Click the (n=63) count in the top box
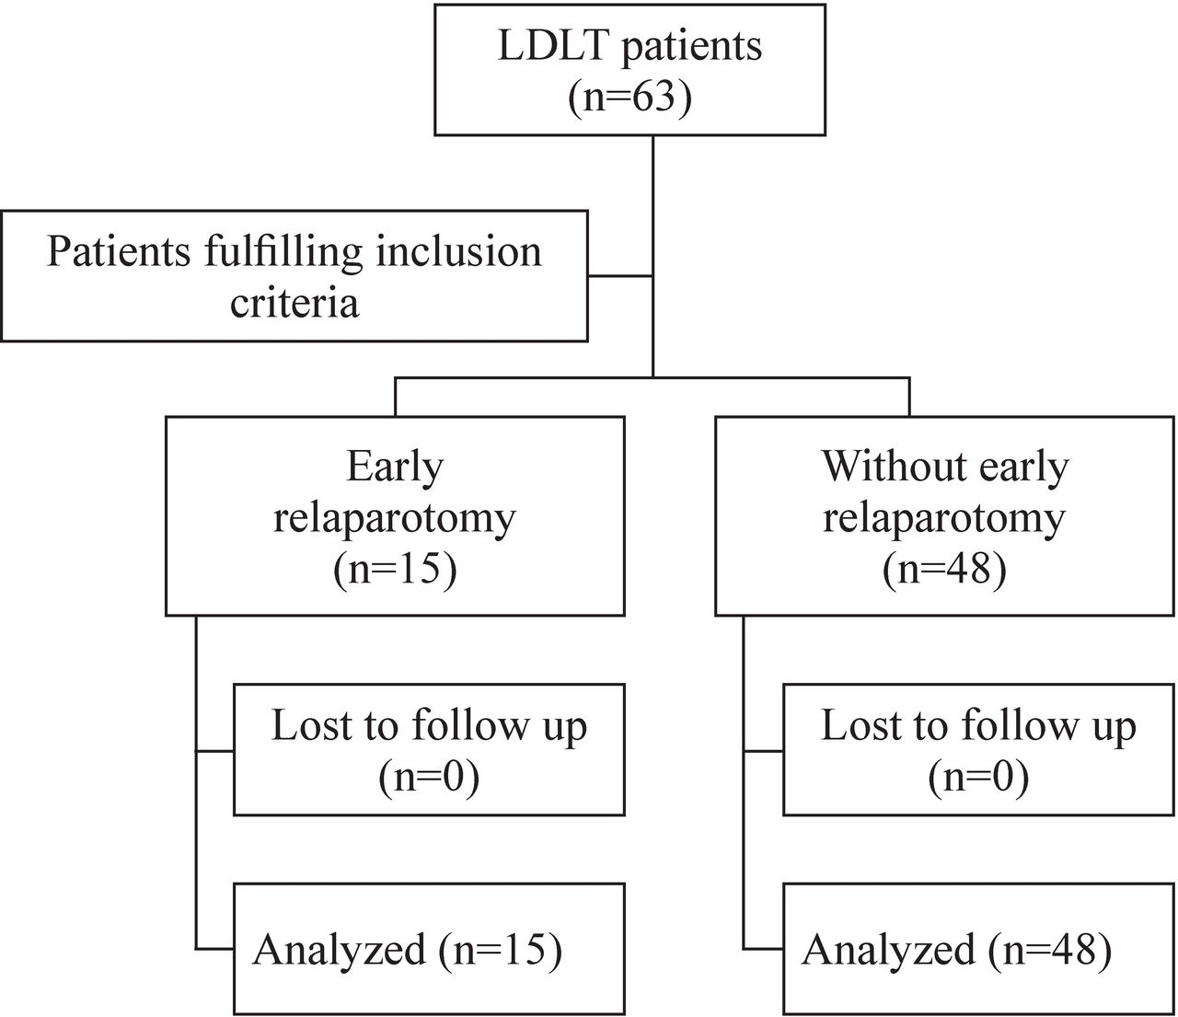tap(629, 97)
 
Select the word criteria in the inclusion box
tap(294, 302)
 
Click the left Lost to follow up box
tap(429, 749)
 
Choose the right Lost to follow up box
tap(978, 749)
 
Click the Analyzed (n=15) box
tap(429, 948)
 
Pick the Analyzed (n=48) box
tap(978, 948)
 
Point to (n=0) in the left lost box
tap(429, 778)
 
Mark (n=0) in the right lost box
tap(978, 778)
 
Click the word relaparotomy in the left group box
tap(394, 518)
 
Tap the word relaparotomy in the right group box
tap(944, 518)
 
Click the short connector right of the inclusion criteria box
tap(619, 275)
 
